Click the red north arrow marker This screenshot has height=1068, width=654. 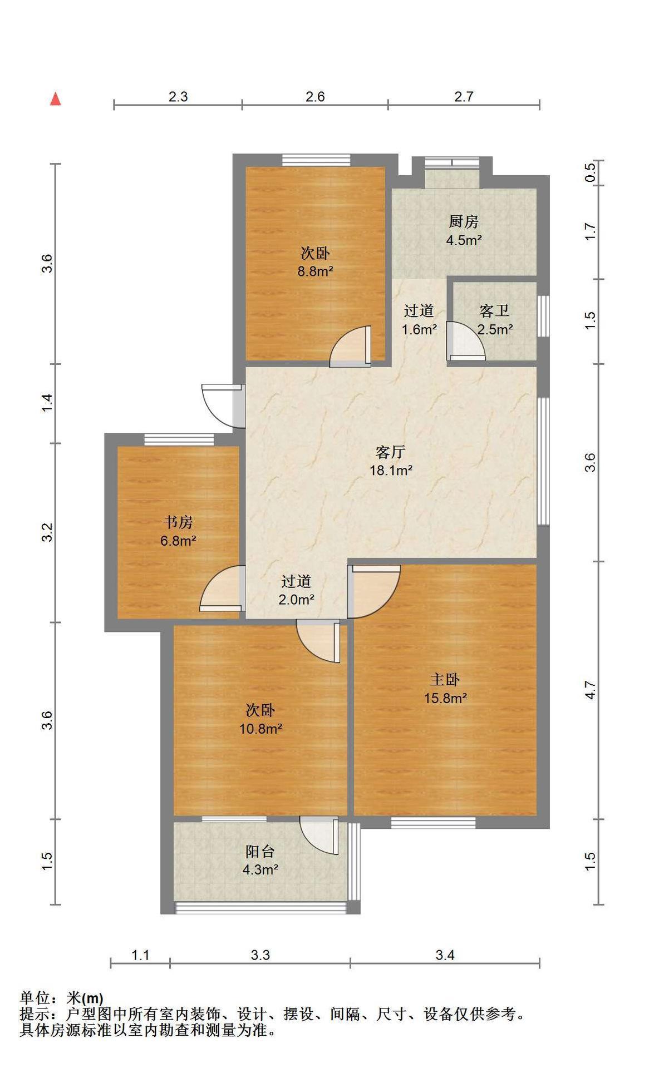(55, 98)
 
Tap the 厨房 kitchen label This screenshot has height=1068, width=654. (464, 221)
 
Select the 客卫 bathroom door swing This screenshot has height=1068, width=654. (466, 341)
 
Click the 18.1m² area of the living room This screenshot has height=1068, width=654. (391, 470)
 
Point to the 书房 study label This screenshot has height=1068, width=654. (178, 522)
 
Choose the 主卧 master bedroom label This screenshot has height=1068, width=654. (445, 679)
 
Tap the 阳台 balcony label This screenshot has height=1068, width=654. (260, 851)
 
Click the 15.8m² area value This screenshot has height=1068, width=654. (445, 698)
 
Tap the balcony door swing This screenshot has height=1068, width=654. (319, 835)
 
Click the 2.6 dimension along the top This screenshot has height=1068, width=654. (315, 96)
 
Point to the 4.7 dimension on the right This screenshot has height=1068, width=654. (590, 690)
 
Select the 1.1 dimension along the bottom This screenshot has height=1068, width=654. (140, 955)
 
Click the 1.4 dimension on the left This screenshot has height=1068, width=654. (48, 403)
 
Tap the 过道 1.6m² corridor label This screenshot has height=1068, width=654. (419, 320)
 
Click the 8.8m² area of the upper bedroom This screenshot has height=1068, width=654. (315, 271)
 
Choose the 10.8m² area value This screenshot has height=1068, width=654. (260, 728)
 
